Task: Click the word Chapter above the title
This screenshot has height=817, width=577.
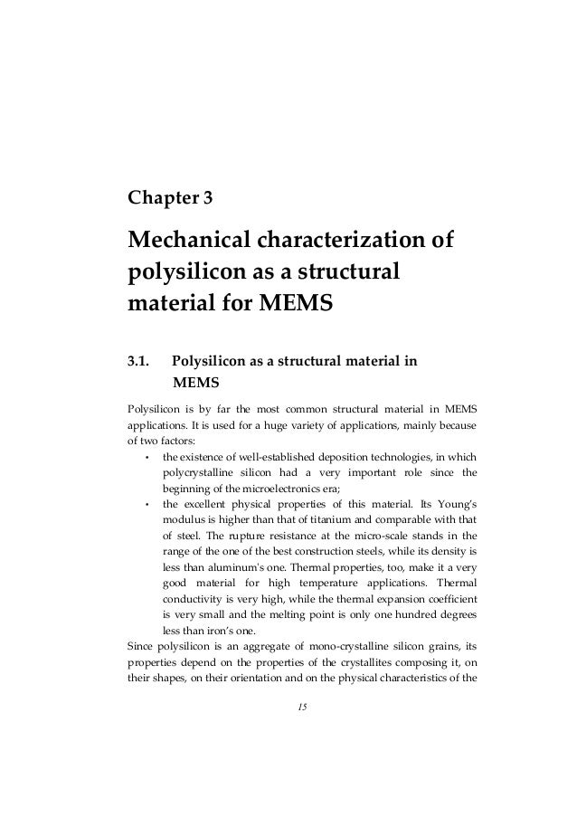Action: point(161,196)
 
